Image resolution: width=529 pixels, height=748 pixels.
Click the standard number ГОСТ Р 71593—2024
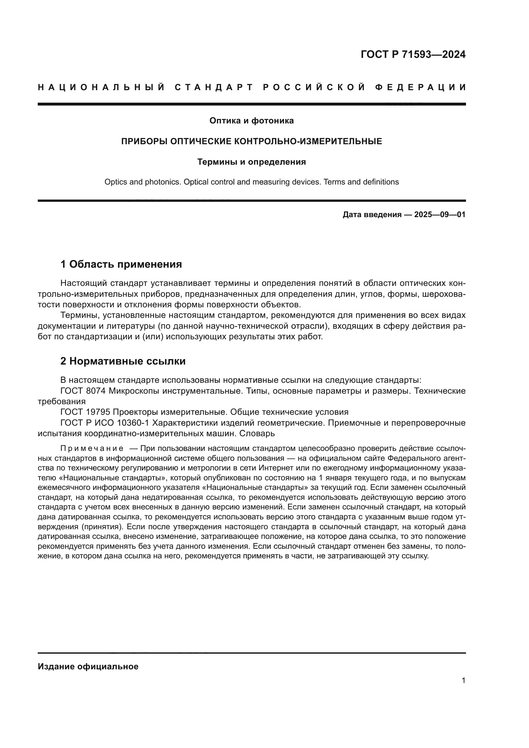pos(413,54)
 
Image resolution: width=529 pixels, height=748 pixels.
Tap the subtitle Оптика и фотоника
pos(251,121)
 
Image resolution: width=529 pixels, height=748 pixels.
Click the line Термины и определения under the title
pos(251,162)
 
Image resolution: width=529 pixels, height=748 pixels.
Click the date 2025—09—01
pos(440,215)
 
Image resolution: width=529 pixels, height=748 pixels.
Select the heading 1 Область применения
pos(121,264)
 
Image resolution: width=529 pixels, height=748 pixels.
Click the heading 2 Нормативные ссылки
pos(123,361)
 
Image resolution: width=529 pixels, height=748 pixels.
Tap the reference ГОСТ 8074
pos(83,391)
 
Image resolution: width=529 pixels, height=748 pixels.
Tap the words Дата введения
pos(372,215)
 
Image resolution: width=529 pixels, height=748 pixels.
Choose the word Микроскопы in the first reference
pos(134,391)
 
